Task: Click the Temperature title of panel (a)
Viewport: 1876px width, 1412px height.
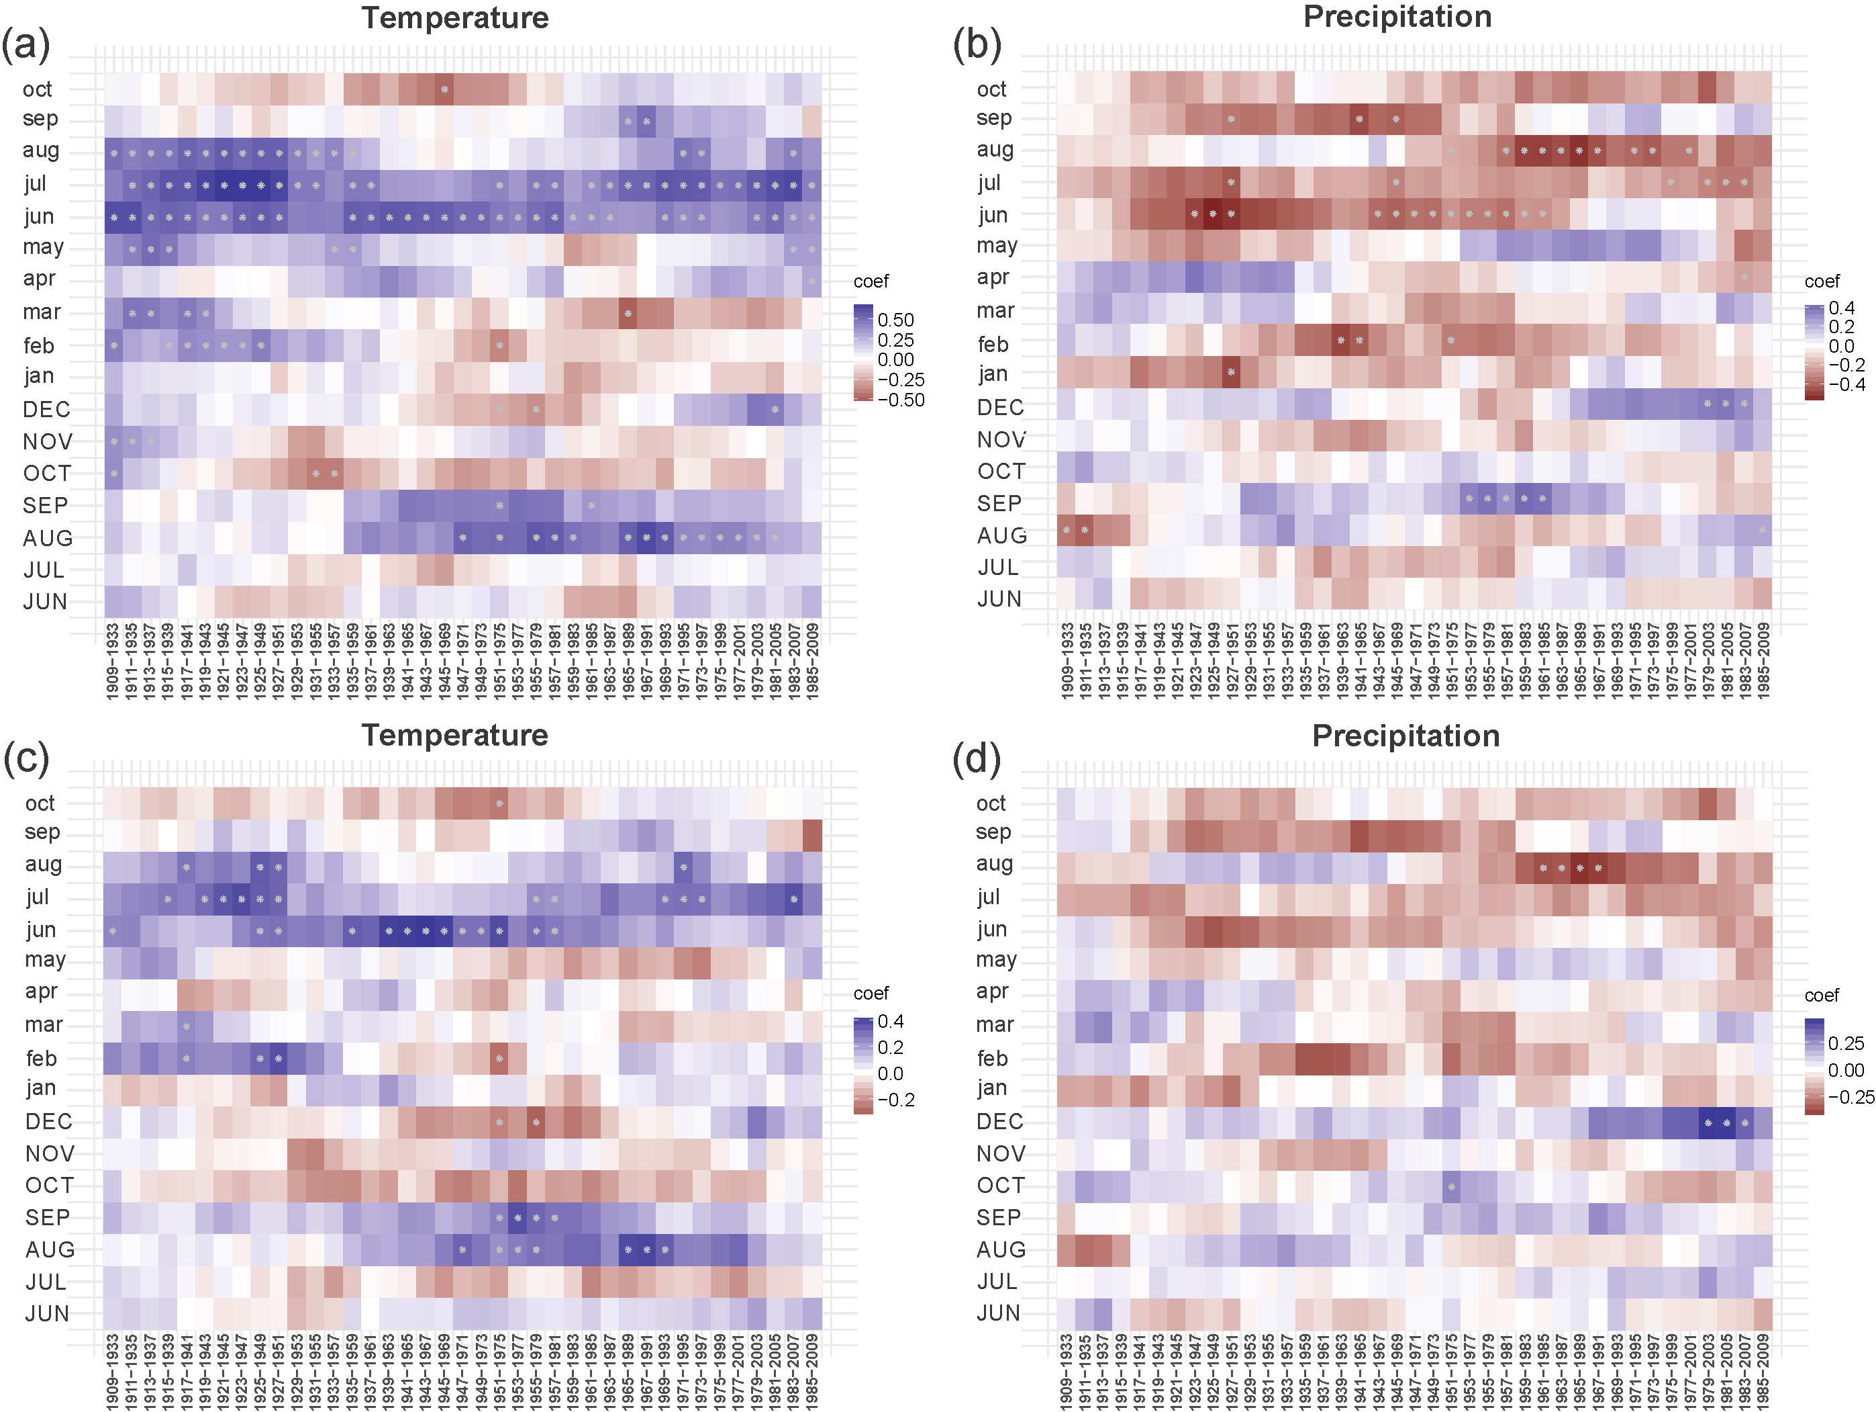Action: coord(456,19)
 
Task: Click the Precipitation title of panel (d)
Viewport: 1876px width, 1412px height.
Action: coord(1405,736)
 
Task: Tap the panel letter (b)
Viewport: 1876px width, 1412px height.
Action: coord(977,45)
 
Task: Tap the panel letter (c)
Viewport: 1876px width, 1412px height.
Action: coord(26,758)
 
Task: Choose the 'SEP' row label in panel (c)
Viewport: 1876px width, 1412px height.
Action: coord(48,1218)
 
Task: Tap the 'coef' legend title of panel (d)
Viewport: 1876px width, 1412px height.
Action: coord(1822,996)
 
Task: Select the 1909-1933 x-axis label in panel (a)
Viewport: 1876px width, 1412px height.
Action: coord(112,661)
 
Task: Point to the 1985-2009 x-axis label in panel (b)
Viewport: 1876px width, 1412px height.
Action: coord(1764,661)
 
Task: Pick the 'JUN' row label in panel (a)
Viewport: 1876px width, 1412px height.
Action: coord(45,602)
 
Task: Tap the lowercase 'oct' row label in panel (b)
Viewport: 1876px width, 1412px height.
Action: coord(991,89)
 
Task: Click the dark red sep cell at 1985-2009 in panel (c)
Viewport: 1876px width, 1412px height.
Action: coord(812,835)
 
